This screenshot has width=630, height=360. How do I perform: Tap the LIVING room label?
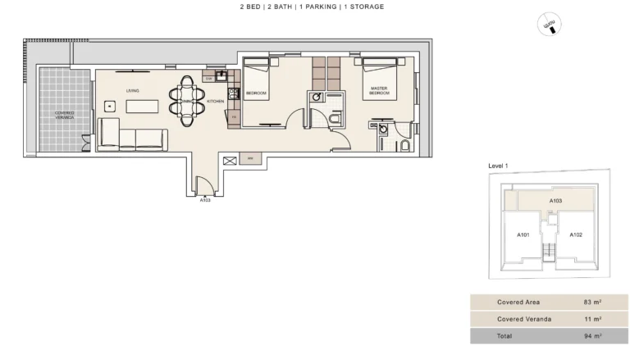(x=131, y=90)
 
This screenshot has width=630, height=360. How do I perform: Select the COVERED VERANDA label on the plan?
(x=64, y=115)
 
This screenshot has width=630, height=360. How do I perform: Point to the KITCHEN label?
(x=215, y=101)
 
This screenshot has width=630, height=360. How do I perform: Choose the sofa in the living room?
(x=132, y=135)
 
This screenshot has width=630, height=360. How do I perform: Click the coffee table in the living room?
(x=144, y=106)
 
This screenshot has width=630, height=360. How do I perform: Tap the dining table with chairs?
(x=187, y=100)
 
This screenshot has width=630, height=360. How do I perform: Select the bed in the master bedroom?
(x=379, y=79)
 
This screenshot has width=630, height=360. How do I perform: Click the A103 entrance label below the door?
(x=205, y=199)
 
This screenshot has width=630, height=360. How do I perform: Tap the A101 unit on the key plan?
(x=523, y=235)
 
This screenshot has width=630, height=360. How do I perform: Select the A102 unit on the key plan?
(x=576, y=235)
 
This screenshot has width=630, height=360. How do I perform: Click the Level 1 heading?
(x=499, y=166)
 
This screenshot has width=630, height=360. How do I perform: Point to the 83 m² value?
(x=593, y=303)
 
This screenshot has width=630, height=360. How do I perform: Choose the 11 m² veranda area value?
(x=593, y=319)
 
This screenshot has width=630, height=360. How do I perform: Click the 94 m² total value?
(x=593, y=336)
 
